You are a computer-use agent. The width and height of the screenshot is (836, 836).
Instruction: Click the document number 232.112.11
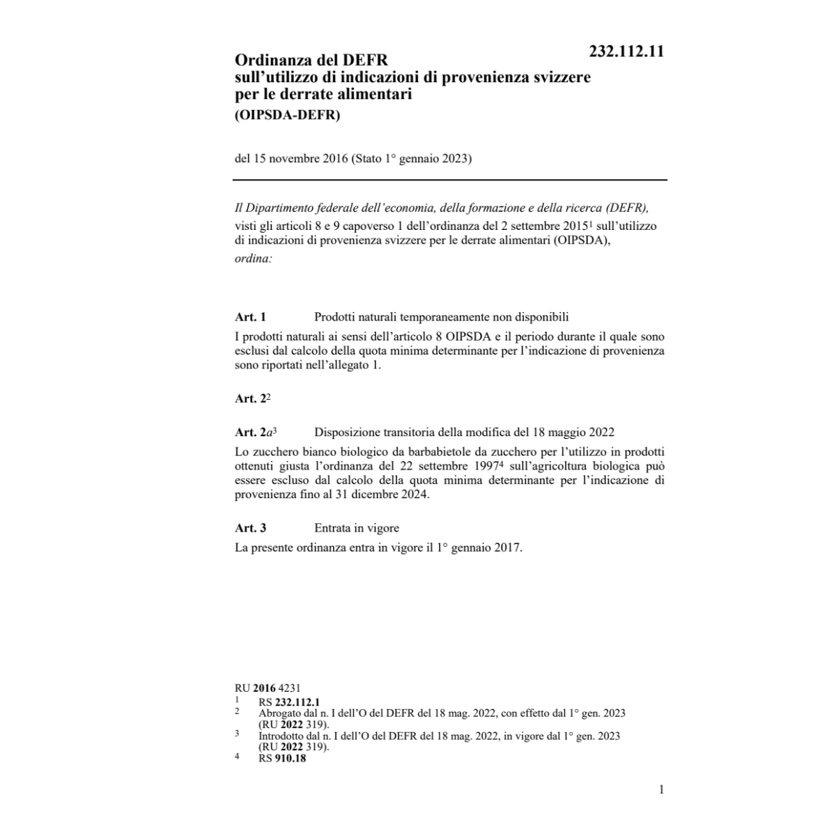626,52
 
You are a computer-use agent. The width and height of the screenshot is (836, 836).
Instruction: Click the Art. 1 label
251,317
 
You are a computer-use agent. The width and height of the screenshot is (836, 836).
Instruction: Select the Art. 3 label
251,528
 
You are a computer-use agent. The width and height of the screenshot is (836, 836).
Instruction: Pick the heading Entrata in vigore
357,528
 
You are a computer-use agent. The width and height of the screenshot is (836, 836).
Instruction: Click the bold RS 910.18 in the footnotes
281,759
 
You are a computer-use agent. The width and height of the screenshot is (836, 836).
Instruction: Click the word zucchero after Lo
277,451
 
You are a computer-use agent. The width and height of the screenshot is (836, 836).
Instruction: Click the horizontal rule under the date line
450,180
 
